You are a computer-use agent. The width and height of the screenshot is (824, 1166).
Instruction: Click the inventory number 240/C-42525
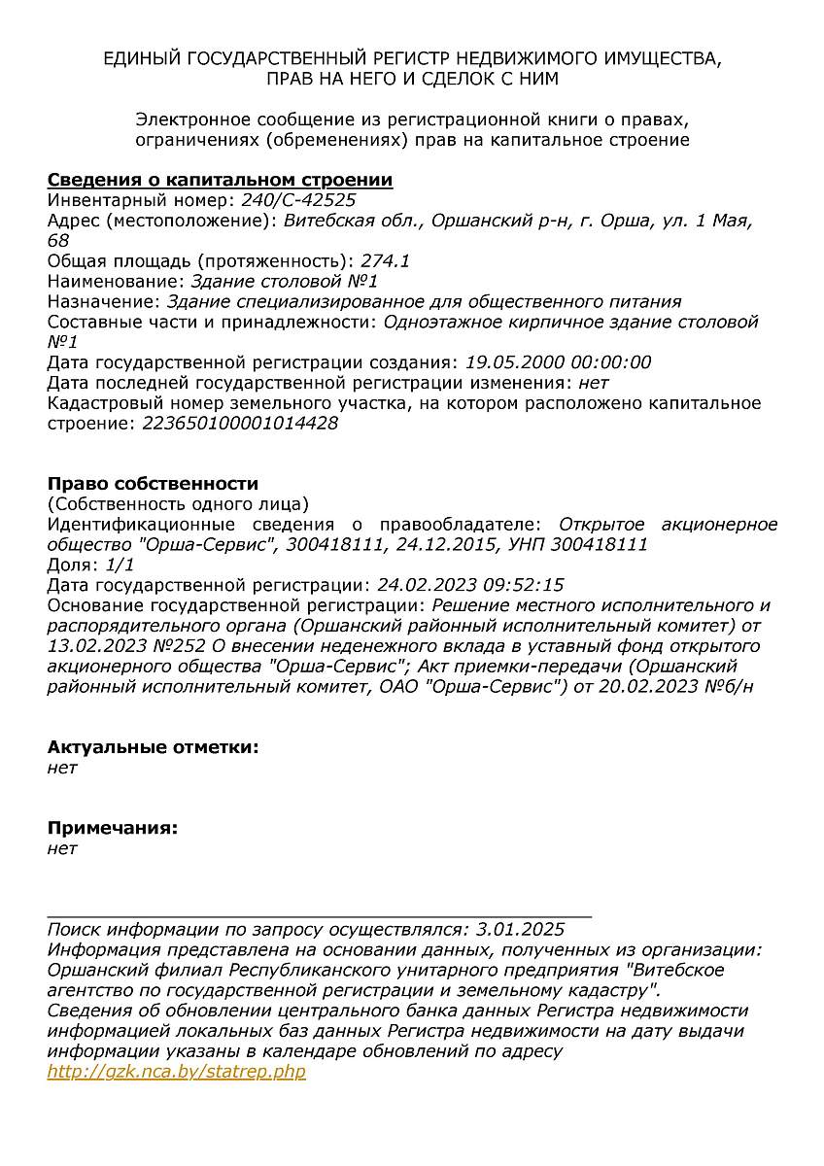292,200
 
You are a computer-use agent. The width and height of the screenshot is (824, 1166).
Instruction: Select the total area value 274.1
386,260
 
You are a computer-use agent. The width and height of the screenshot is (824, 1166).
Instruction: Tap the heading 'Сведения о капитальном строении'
220,180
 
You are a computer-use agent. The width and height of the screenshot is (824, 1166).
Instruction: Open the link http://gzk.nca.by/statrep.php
176,1072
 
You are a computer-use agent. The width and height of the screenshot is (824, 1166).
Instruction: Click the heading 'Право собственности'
153,483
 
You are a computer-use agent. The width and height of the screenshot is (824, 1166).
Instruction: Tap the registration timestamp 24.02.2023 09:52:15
470,585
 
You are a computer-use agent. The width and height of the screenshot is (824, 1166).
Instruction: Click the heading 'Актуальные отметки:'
153,747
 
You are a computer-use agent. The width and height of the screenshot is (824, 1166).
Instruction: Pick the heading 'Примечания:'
113,828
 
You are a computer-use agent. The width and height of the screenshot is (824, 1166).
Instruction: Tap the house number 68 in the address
58,240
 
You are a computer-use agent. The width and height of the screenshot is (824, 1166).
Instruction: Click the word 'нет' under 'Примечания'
62,848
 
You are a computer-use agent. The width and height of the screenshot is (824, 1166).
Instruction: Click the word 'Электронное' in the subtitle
192,120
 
